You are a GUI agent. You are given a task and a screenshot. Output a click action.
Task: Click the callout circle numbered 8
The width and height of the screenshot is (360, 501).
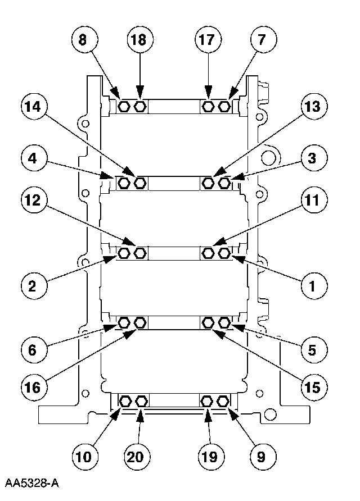coord(84,40)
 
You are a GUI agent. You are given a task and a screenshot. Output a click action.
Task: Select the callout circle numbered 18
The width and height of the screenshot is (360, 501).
coord(139,40)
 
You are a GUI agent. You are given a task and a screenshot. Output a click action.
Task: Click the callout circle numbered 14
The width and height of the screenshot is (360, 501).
coord(35,107)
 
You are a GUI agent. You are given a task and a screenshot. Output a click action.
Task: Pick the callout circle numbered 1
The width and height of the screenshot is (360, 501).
coord(311,285)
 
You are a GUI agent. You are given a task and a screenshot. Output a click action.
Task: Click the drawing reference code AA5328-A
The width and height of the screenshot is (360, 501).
coord(32,484)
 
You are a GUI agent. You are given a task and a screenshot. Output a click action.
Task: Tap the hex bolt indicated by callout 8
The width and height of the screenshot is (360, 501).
coord(124,106)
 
